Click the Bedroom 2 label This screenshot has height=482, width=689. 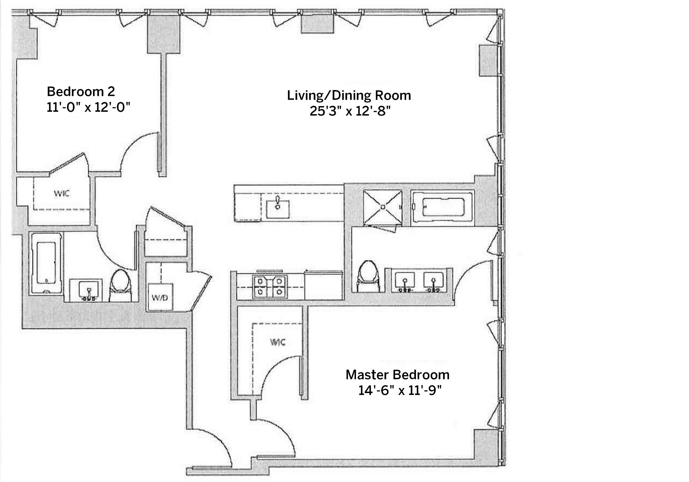click(81, 92)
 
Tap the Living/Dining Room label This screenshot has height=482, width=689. click(349, 95)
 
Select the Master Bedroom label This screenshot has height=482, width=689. click(397, 374)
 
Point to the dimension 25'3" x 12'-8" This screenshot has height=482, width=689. click(350, 111)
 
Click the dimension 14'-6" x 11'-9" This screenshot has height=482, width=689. click(400, 390)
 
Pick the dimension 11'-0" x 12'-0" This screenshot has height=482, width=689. click(88, 107)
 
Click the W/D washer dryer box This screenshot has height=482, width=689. click(160, 297)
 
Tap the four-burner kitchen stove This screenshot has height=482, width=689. click(270, 287)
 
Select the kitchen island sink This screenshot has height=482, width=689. click(278, 206)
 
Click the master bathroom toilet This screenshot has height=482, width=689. click(368, 276)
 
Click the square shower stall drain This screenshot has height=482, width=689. click(382, 207)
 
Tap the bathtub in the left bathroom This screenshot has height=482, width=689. click(46, 263)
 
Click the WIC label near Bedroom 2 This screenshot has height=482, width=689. click(62, 193)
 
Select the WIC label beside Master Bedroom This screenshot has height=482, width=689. click(278, 342)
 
